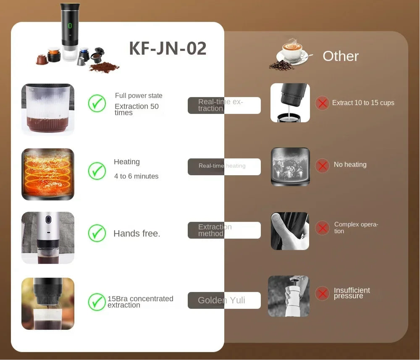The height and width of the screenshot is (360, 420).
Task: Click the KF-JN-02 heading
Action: pyautogui.click(x=168, y=48)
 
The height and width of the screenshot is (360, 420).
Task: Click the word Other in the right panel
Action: pyautogui.click(x=341, y=56)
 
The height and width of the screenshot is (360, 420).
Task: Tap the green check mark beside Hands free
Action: pyautogui.click(x=97, y=233)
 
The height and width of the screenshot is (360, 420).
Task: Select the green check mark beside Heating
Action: pyautogui.click(x=97, y=171)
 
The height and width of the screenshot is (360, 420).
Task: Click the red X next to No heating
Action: pyautogui.click(x=322, y=165)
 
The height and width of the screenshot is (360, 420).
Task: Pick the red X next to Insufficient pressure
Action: pyautogui.click(x=322, y=293)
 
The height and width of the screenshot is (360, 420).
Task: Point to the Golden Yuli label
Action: pyautogui.click(x=221, y=300)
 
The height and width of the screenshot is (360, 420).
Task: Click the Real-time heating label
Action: pyautogui.click(x=222, y=166)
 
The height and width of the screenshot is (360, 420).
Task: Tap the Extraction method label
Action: pyautogui.click(x=215, y=230)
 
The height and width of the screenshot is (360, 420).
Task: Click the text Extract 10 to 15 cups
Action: pyautogui.click(x=363, y=102)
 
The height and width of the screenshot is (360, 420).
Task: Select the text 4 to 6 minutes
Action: pyautogui.click(x=136, y=176)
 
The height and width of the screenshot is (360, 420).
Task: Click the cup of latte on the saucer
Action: pyautogui.click(x=292, y=51)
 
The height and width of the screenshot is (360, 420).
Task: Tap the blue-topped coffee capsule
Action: pyautogui.click(x=84, y=55)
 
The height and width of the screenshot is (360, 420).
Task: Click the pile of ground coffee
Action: pyautogui.click(x=105, y=67)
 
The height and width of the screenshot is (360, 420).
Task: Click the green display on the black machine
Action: pyautogui.click(x=70, y=26)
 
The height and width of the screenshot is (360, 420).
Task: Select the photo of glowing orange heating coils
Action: pyautogui.click(x=48, y=174)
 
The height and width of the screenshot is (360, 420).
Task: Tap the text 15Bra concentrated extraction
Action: pyautogui.click(x=140, y=302)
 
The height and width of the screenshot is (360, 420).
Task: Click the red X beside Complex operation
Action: pyautogui.click(x=322, y=228)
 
